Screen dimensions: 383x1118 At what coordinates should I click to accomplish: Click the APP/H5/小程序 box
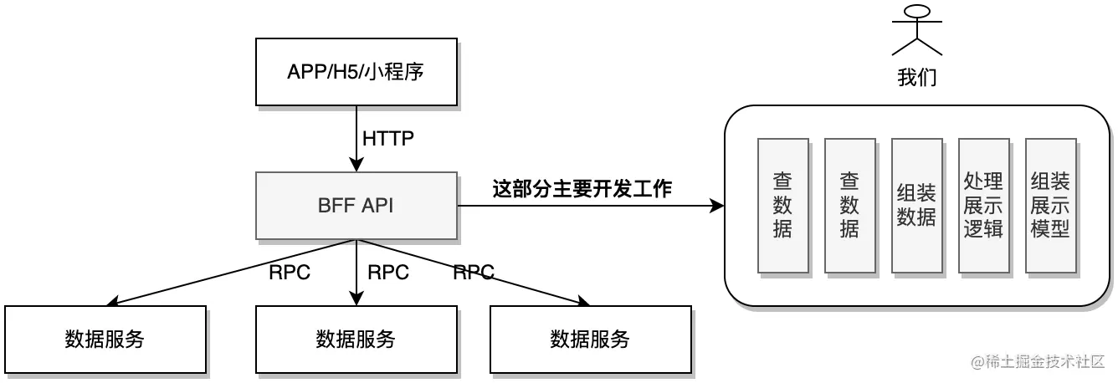tap(356, 71)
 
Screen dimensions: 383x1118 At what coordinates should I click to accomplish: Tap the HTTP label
tap(387, 138)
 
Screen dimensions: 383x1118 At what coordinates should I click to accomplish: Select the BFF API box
tap(356, 206)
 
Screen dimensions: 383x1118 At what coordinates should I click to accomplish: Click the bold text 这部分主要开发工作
tap(582, 190)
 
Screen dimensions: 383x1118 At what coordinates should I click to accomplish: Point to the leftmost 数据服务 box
tap(105, 339)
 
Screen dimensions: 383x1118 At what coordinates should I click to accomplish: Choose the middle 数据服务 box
tap(356, 339)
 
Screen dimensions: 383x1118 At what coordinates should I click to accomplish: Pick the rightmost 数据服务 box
tap(590, 339)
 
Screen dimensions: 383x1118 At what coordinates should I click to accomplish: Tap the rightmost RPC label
tap(474, 272)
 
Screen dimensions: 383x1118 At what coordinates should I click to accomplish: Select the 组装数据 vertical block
tap(916, 206)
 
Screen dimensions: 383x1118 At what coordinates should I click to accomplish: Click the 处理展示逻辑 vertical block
tap(983, 206)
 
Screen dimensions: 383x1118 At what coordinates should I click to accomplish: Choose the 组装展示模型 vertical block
tap(1050, 206)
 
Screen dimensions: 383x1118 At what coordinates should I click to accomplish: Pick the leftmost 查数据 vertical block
tap(782, 206)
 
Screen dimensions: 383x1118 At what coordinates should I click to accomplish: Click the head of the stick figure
tap(917, 13)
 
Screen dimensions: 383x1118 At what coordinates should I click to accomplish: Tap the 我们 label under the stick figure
tap(917, 79)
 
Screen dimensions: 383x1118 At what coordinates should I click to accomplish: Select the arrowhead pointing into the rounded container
tap(717, 206)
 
